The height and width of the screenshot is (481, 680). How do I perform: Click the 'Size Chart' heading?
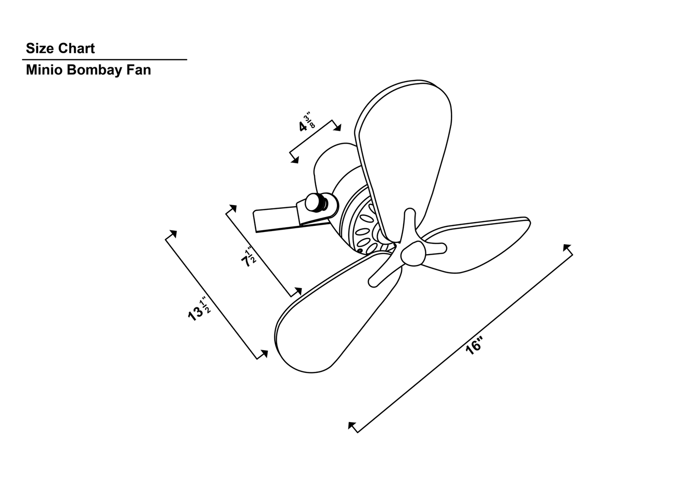(60, 48)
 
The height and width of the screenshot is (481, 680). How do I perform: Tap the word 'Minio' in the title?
(45, 70)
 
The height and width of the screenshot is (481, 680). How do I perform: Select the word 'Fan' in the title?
(138, 70)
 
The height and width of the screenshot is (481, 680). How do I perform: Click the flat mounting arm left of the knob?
(275, 220)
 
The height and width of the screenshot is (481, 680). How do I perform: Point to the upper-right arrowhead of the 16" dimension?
(567, 247)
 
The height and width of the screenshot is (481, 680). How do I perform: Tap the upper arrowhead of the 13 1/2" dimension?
(173, 233)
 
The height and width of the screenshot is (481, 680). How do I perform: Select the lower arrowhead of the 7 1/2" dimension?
(297, 291)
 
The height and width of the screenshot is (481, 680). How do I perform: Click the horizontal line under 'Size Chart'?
(104, 60)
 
